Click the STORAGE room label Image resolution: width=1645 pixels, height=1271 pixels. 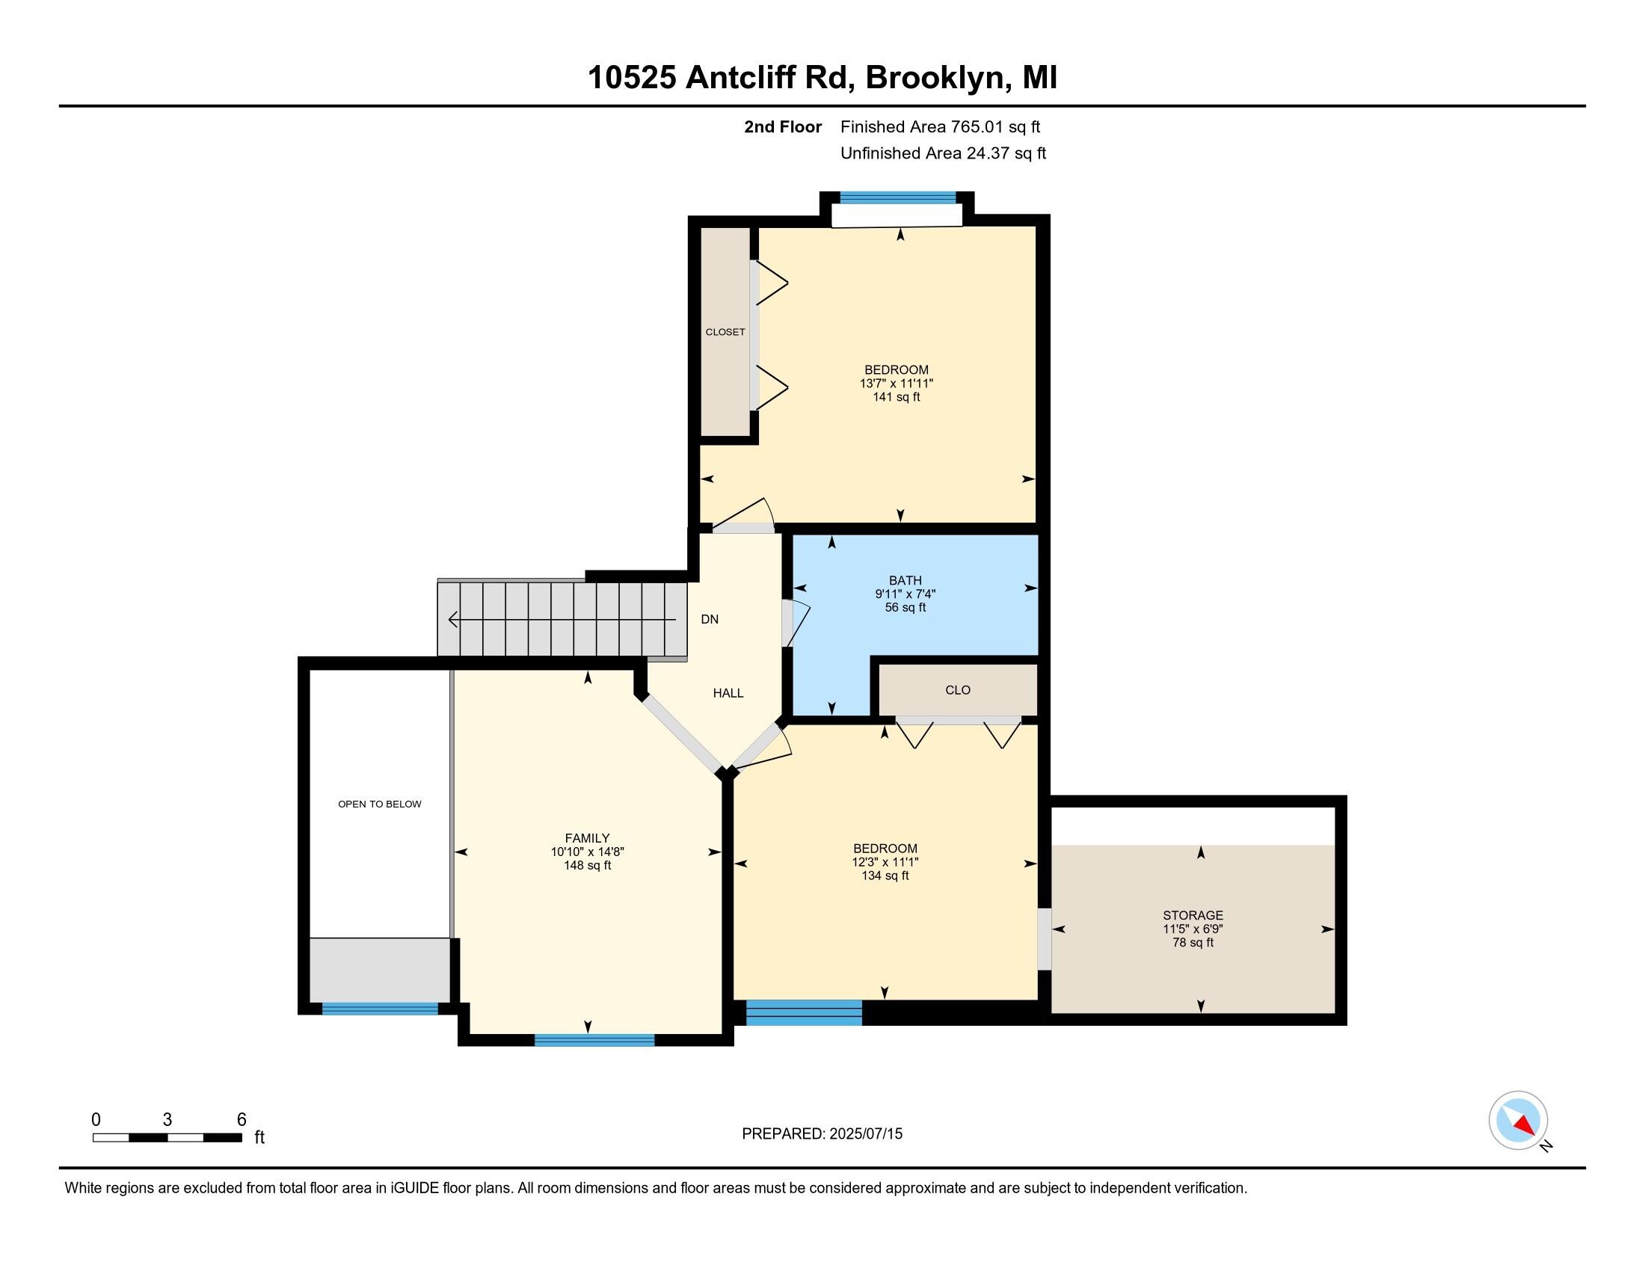(1193, 916)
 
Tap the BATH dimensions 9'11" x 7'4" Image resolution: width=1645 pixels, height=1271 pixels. (905, 594)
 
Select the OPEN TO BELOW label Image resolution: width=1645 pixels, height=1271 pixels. (380, 804)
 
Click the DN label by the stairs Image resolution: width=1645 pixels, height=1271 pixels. (710, 619)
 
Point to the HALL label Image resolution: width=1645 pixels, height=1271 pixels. (728, 693)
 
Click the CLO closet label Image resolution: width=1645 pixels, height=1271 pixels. (957, 690)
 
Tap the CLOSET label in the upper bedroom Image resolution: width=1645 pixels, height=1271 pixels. (725, 332)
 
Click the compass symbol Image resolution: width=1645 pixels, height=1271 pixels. (1518, 1120)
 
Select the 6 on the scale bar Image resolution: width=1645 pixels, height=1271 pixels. (241, 1119)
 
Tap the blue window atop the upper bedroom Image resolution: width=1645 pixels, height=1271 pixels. (897, 198)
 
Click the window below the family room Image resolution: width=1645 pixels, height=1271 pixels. (594, 1041)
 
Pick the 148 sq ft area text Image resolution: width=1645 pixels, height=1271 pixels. (588, 866)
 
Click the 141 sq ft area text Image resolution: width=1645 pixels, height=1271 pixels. (897, 397)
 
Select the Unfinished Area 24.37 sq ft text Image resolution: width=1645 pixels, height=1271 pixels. (943, 153)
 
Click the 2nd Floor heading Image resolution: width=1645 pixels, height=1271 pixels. (782, 127)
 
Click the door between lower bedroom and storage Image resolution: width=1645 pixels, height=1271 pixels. (1044, 940)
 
